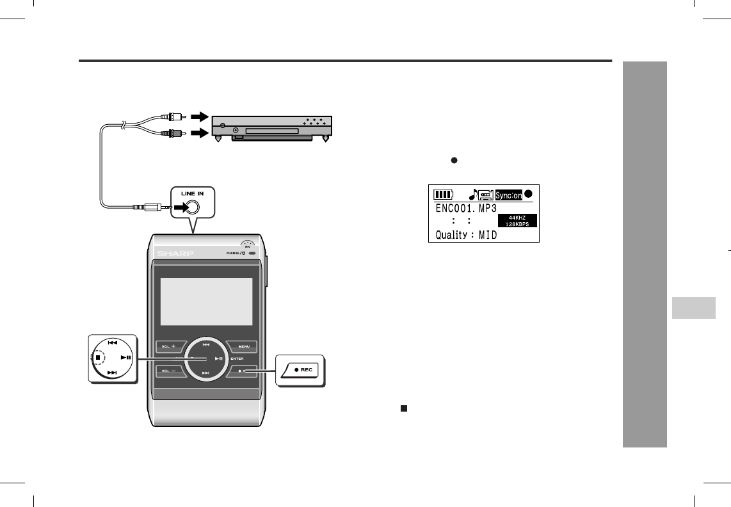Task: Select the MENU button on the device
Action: pos(243,346)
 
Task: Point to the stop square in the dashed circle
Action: pos(98,357)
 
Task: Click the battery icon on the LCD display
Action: pos(443,194)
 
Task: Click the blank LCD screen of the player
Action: pos(205,301)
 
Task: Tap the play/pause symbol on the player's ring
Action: pos(220,358)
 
